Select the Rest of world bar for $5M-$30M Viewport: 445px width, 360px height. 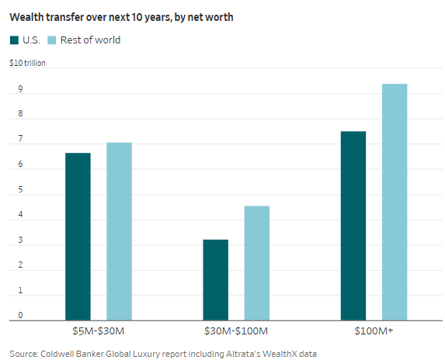click(119, 231)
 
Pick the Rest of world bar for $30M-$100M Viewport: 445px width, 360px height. click(257, 263)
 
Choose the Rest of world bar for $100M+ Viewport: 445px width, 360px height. click(395, 202)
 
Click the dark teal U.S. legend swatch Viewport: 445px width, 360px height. click(15, 40)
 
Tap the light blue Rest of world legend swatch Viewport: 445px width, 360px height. click(52, 40)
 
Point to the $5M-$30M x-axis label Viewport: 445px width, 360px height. click(98, 331)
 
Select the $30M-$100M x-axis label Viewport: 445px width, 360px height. click(236, 331)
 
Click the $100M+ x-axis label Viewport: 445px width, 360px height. click(374, 331)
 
